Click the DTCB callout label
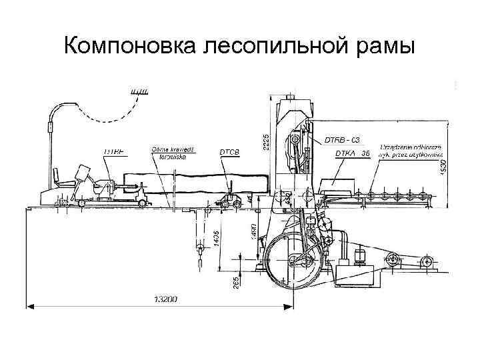(x=229, y=153)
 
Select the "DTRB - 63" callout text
(x=342, y=140)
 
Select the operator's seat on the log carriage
(x=64, y=177)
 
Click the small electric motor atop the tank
(x=363, y=254)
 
